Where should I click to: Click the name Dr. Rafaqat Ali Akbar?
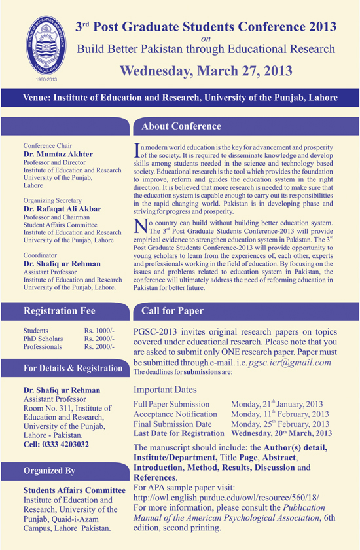[x=63, y=208]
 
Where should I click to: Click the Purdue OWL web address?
[x=226, y=498]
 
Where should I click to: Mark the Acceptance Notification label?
[x=175, y=414]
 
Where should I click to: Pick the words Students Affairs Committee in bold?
[x=74, y=490]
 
